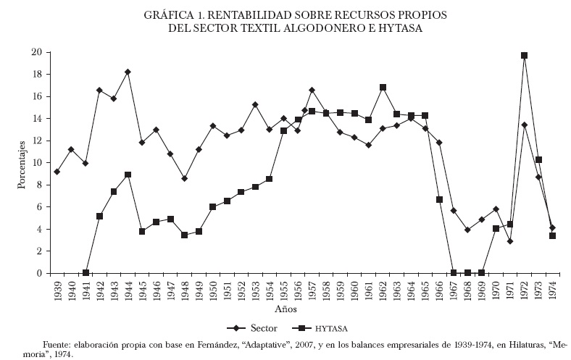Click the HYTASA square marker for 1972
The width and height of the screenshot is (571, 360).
coord(524,56)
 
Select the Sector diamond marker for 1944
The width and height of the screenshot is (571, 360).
coord(128,72)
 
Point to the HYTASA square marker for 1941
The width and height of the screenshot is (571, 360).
coord(86,272)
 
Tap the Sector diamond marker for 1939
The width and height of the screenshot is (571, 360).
coord(57,172)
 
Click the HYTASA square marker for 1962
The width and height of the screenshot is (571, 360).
coord(383,88)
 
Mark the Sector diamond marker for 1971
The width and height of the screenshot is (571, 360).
coord(510,241)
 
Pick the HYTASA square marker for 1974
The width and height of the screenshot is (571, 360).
coord(552,235)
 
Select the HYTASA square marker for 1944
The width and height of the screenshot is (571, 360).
coord(128,175)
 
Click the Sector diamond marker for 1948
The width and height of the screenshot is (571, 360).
coord(184,178)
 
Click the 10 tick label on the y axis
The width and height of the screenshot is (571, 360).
coord(36,163)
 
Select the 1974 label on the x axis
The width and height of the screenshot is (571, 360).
coord(552,290)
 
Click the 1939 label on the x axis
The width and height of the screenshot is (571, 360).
coord(57,290)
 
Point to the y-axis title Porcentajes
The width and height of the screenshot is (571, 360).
coord(22,164)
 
